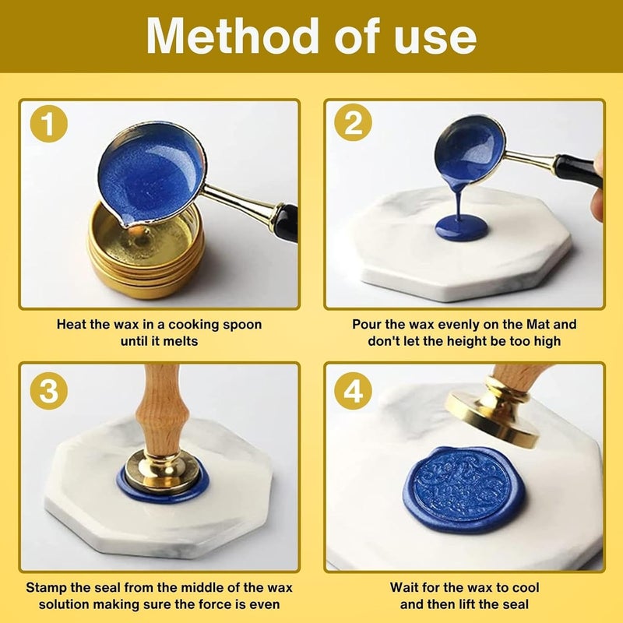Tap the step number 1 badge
(x=49, y=123)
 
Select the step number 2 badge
(x=354, y=122)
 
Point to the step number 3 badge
(x=49, y=391)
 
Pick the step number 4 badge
(x=354, y=390)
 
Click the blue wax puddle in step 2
(x=461, y=228)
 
